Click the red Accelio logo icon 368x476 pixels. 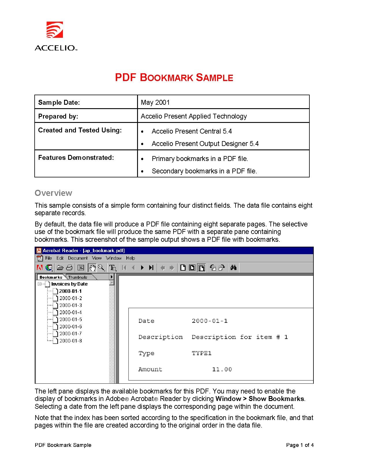(x=55, y=30)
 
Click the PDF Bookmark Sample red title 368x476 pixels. (x=174, y=78)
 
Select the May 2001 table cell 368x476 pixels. (x=155, y=102)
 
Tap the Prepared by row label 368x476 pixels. (x=58, y=116)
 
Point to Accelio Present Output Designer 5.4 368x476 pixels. (x=205, y=144)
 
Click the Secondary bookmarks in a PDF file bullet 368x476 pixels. (x=204, y=171)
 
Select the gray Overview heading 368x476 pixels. (x=53, y=193)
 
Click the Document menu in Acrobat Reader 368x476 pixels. (x=78, y=258)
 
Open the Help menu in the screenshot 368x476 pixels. (x=130, y=258)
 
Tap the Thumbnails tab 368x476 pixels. (x=78, y=277)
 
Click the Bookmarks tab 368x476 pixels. (x=51, y=277)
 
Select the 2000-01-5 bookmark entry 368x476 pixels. (x=70, y=319)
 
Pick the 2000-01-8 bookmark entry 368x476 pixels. (x=70, y=341)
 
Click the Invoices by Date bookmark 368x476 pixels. (x=69, y=284)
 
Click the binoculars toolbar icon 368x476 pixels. (x=233, y=268)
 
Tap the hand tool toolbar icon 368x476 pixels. (x=92, y=268)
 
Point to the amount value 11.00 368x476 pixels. (x=222, y=369)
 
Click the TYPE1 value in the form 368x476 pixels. (x=201, y=353)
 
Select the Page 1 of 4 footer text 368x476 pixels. (x=300, y=445)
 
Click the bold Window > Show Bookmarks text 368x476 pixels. (x=260, y=399)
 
